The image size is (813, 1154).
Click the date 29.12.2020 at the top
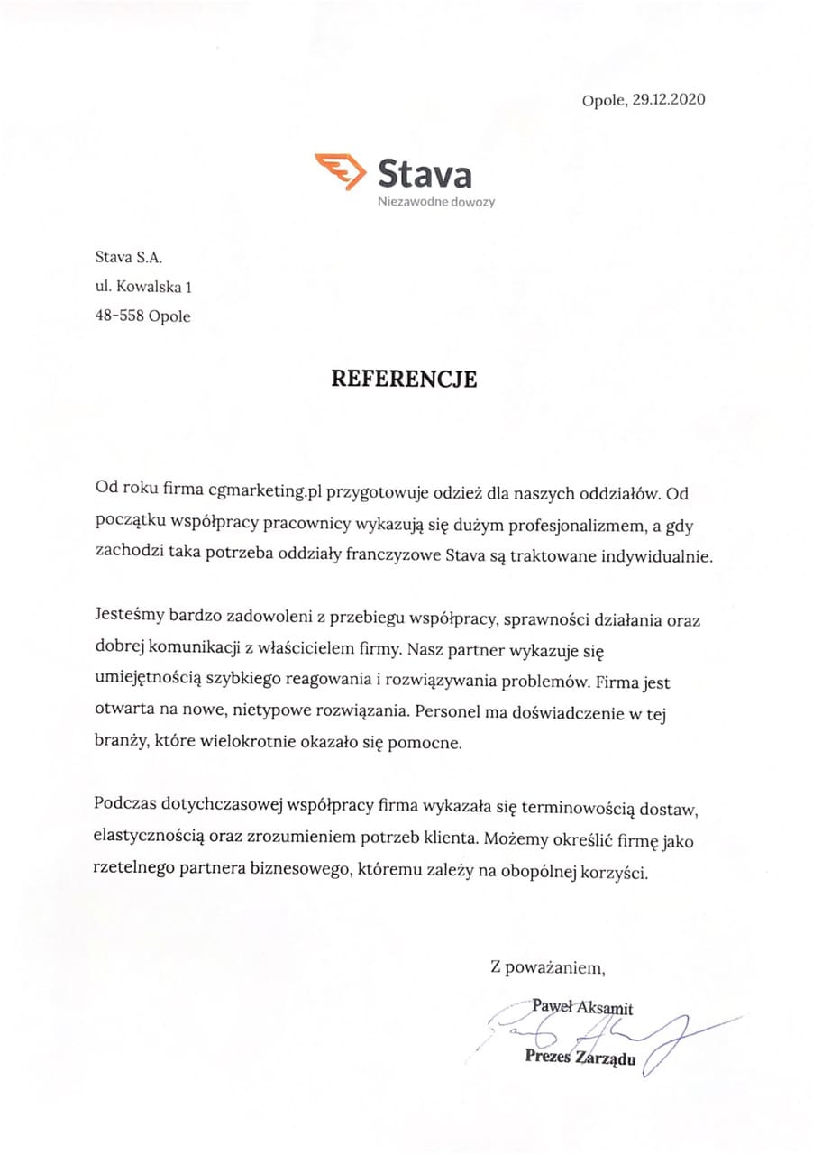coord(668,100)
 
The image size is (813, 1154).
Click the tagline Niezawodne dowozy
coord(436,202)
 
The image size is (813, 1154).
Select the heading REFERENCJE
coord(404,379)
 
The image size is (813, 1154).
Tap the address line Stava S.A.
coord(128,259)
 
